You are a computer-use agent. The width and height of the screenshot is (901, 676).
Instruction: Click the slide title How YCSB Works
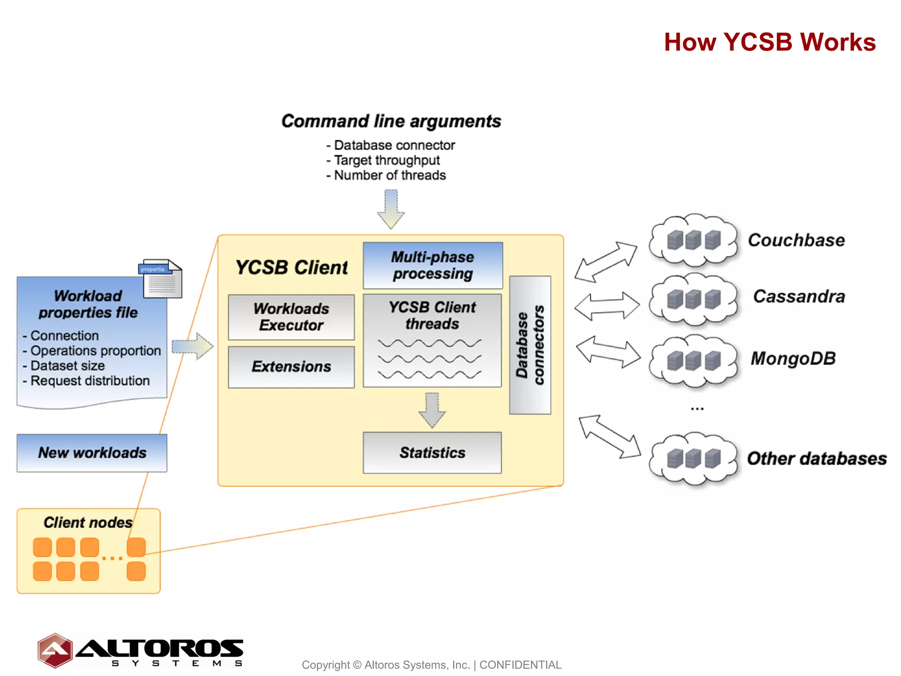[x=769, y=42]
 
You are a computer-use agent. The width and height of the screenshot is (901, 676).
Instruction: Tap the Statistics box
[x=432, y=452]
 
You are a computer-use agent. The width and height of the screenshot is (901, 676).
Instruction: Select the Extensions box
[x=291, y=367]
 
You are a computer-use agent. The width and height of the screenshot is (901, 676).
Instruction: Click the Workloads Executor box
[x=291, y=317]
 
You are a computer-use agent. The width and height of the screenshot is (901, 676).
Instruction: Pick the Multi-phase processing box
[x=433, y=265]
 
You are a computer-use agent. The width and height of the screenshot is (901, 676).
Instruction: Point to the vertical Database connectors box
[x=530, y=345]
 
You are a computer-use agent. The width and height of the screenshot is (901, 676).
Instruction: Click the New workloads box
[x=92, y=453]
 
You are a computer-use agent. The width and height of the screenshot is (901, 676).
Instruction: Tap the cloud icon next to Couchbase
[x=694, y=240]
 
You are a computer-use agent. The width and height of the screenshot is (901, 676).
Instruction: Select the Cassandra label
[x=799, y=296]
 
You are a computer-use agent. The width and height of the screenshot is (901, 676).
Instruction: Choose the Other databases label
[x=817, y=459]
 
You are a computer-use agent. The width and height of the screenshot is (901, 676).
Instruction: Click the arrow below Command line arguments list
[x=391, y=209]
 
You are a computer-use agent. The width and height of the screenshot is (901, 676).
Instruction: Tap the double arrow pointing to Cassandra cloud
[x=607, y=305]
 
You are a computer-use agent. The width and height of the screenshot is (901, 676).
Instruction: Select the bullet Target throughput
[x=386, y=160]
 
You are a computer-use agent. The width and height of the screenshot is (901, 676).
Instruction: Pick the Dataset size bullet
[x=67, y=366]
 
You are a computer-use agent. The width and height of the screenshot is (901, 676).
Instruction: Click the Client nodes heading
[x=88, y=522]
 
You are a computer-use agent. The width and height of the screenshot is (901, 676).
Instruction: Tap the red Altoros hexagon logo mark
[x=55, y=650]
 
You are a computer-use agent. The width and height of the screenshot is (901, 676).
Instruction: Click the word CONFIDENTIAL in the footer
[x=520, y=665]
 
